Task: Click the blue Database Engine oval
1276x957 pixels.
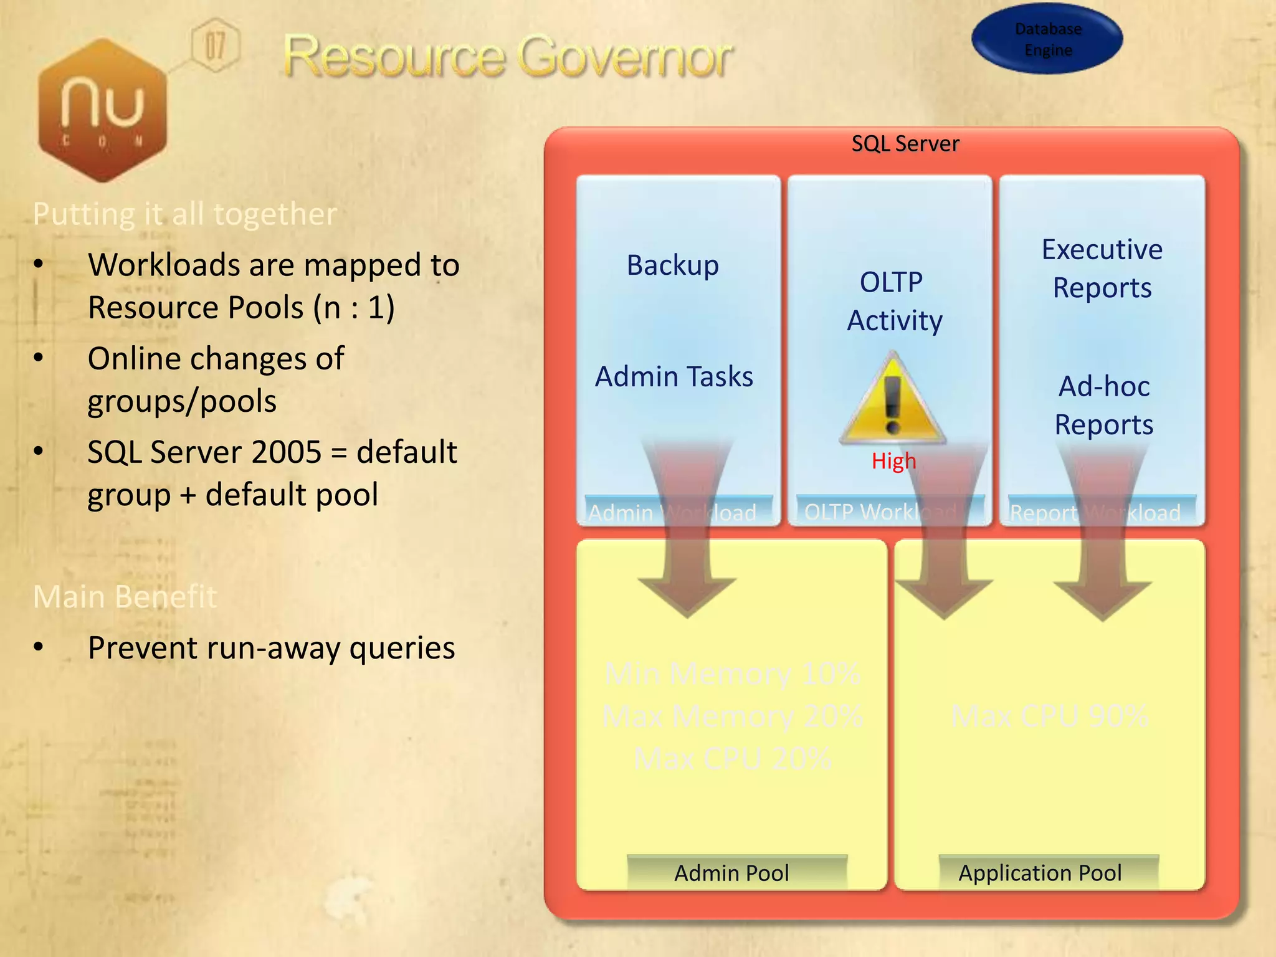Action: pos(1047,39)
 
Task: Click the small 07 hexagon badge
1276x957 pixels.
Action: pos(215,45)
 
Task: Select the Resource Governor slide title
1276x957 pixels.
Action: pos(508,57)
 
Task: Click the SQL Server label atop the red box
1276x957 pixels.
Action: pos(905,144)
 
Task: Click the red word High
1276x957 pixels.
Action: pos(893,461)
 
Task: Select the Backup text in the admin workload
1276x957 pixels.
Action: pos(672,265)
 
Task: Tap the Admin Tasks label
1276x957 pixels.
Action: pos(674,377)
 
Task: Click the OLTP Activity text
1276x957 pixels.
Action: pos(893,302)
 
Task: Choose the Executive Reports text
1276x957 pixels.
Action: pos(1102,269)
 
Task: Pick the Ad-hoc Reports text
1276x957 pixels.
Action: pos(1103,406)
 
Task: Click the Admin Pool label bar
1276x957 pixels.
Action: pos(731,873)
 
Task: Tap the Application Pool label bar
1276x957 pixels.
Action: pos(1040,873)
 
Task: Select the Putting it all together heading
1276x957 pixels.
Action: pos(184,214)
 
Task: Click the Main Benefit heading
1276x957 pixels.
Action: pos(125,596)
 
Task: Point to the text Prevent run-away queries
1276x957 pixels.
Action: pos(271,648)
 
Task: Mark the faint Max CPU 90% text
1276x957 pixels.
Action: pos(1050,717)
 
